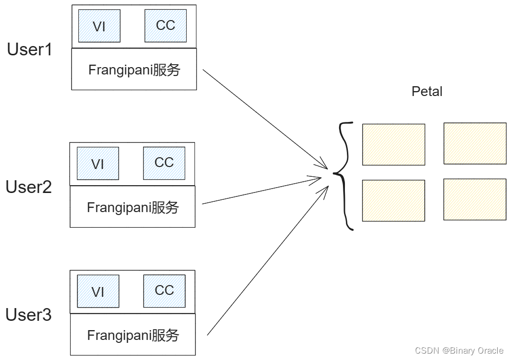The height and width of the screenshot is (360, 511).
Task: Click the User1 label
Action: tap(29, 49)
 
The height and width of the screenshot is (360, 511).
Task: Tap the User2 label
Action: tap(28, 187)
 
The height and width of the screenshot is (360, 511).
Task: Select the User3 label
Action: tap(28, 315)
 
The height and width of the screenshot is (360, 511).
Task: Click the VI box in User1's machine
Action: tap(99, 26)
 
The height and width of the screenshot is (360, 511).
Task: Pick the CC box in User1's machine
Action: tap(166, 25)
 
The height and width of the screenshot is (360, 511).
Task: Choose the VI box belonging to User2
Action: tap(98, 164)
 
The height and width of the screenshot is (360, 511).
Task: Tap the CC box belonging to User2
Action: tap(164, 163)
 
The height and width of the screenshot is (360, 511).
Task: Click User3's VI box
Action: tap(98, 291)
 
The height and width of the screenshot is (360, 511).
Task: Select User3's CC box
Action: tap(164, 290)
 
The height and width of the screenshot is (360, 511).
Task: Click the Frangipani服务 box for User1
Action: tap(134, 70)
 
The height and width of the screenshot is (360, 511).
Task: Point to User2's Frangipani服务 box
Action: tap(132, 207)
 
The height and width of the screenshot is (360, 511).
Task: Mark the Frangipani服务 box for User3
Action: tap(132, 335)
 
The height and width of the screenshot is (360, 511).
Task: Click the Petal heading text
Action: tap(427, 92)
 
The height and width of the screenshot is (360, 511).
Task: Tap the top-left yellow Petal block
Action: tap(393, 144)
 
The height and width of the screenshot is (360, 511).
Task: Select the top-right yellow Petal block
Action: tap(475, 143)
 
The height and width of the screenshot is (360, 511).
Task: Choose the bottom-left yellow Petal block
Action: tap(393, 200)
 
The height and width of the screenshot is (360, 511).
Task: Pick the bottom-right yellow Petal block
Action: tap(475, 199)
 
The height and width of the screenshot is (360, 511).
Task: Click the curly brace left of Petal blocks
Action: tap(344, 175)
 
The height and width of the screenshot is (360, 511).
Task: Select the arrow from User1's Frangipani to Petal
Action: tap(265, 118)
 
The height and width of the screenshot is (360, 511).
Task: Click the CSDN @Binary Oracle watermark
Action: tap(459, 351)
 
